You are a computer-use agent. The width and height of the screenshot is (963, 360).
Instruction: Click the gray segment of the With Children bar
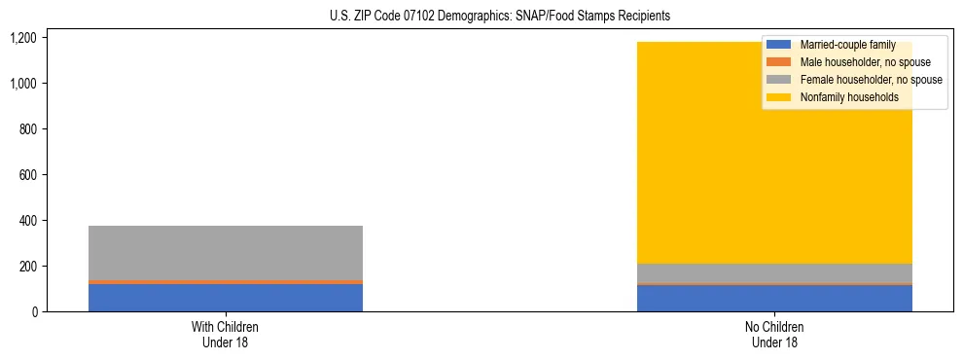pos(226,253)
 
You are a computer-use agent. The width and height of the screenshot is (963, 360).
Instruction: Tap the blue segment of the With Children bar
pos(226,298)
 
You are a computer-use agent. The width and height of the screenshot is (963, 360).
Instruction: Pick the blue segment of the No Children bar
pos(774,299)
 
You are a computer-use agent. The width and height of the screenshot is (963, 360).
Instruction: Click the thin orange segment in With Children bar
pos(226,282)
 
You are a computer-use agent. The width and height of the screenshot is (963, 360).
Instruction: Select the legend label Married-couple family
pos(847,45)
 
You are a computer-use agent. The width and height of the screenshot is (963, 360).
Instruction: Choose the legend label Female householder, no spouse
pos(871,80)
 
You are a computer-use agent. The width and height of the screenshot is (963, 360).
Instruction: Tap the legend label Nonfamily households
pos(842,97)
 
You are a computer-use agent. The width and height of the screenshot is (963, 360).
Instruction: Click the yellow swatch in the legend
pos(779,97)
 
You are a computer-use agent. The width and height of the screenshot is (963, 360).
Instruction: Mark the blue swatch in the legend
pos(779,45)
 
